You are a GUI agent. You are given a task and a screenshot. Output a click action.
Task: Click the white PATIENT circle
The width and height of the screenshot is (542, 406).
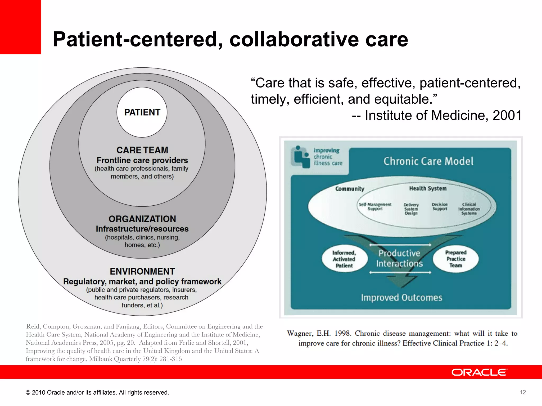click(x=142, y=112)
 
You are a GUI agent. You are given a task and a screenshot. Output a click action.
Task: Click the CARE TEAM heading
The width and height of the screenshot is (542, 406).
click(x=142, y=150)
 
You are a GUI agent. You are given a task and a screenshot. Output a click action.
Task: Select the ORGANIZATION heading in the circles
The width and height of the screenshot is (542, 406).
click(x=142, y=219)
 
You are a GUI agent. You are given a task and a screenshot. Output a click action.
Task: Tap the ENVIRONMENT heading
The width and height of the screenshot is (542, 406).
click(x=142, y=271)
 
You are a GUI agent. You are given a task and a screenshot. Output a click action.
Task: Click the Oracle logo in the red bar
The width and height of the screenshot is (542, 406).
click(x=479, y=372)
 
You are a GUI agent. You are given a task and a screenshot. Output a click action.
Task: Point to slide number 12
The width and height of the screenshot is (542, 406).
click(x=523, y=393)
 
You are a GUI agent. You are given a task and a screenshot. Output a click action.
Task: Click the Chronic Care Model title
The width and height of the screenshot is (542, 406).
click(x=428, y=161)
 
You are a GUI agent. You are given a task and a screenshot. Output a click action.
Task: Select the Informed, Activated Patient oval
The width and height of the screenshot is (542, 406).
click(x=344, y=259)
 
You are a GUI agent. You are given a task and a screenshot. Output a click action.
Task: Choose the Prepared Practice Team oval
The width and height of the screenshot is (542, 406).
click(x=455, y=259)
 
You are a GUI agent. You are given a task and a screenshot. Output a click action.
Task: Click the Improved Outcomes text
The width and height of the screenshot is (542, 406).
click(x=401, y=298)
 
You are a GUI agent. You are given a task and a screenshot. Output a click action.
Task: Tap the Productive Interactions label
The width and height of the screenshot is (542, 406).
click(x=399, y=258)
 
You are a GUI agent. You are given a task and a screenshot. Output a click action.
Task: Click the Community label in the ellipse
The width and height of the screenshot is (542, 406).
click(x=350, y=189)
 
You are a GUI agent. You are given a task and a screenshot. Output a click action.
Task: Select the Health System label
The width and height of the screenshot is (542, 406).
click(x=428, y=188)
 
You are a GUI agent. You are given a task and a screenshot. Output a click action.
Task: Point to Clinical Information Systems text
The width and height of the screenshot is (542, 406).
click(x=469, y=209)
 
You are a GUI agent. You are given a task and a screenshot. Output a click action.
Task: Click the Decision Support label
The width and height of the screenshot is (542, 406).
click(x=440, y=206)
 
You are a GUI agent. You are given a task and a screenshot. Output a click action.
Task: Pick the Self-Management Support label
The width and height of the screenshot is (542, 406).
click(x=375, y=206)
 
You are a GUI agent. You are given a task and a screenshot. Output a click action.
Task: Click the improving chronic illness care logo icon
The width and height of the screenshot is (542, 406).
click(x=300, y=157)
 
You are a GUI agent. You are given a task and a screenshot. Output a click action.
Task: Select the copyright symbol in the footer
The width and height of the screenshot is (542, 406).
click(x=28, y=393)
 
